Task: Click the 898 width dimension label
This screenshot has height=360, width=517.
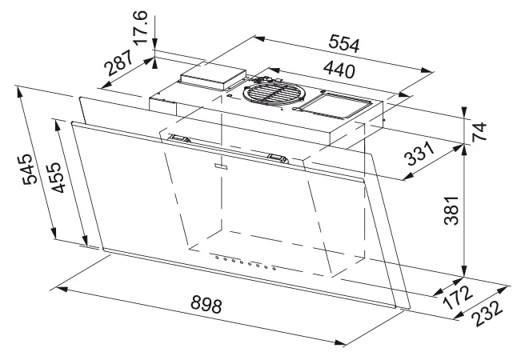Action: point(206,304)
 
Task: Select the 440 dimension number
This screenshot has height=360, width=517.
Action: point(339,70)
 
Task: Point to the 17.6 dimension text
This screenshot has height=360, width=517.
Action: point(140,27)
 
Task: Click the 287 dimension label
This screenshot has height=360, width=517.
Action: point(119,62)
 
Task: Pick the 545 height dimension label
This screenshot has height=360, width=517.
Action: point(28,169)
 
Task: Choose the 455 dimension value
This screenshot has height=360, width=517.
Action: point(56,177)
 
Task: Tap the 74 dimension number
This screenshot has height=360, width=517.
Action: point(479,131)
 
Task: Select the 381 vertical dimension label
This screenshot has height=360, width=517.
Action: point(451,210)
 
